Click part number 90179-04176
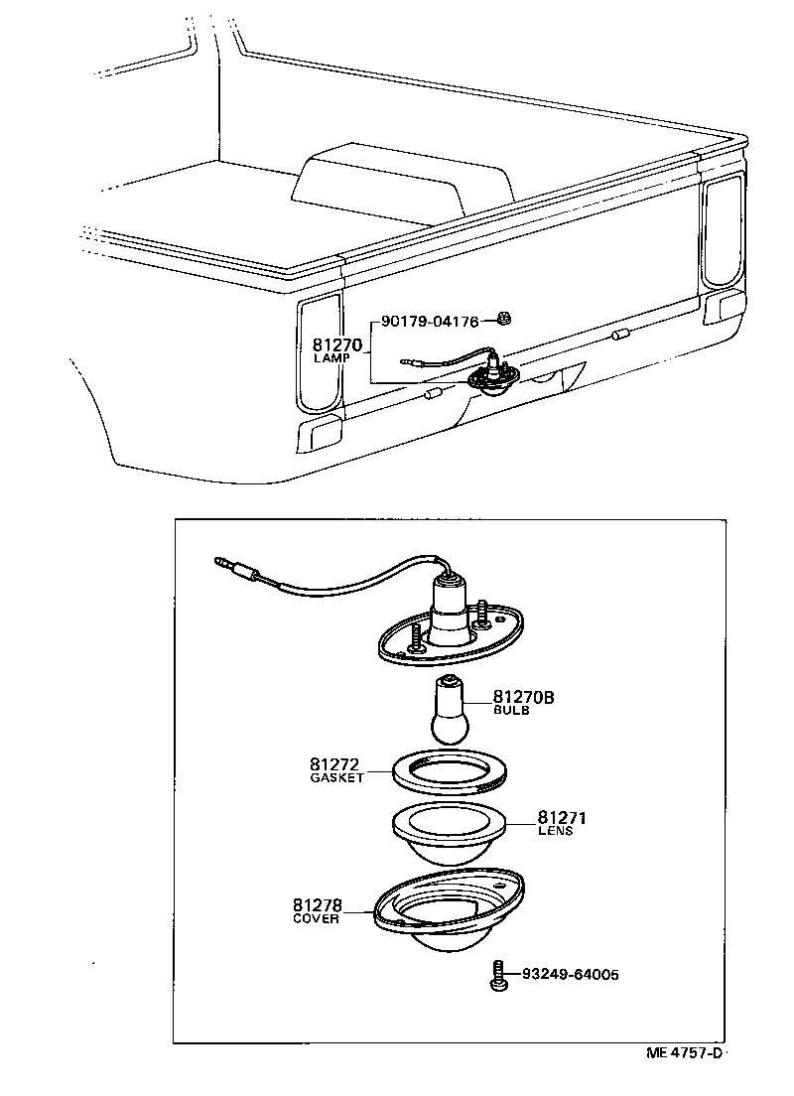pos(431,322)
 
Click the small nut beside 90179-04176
pos(503,321)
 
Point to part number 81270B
pos(523,698)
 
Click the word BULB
pos(511,711)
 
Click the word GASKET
pos(337,777)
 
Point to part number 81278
pos(318,904)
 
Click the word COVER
pos(317,918)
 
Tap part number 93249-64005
pos(571,975)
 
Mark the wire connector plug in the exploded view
pos(238,569)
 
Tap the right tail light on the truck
pos(722,229)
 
